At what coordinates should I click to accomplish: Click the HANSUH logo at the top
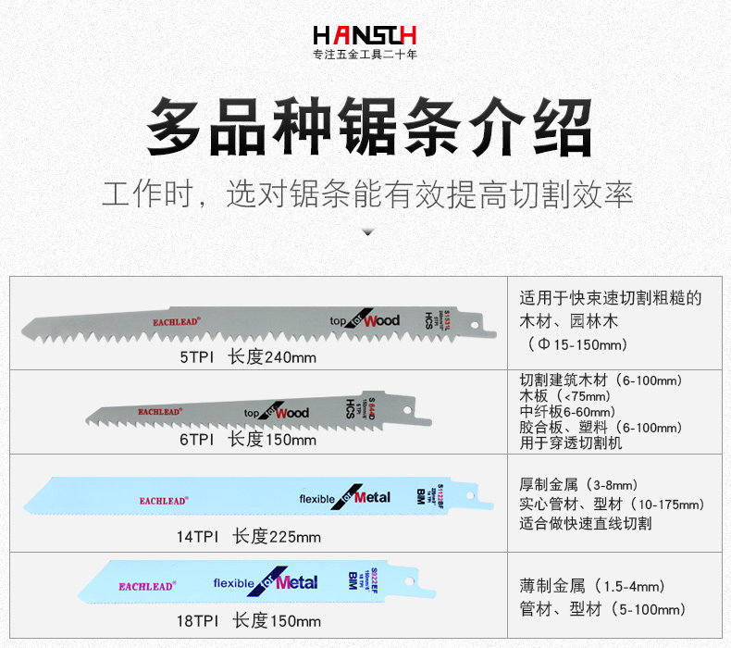click(x=365, y=35)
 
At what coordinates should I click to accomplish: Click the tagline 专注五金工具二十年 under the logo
click(x=365, y=56)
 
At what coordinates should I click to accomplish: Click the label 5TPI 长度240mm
click(x=248, y=357)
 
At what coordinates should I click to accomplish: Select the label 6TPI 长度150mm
click(x=248, y=439)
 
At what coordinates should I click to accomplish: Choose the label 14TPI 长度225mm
click(x=249, y=536)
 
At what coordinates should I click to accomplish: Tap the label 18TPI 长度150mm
click(x=249, y=620)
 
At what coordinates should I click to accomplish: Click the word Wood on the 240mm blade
click(x=381, y=320)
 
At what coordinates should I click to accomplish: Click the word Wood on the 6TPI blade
click(x=291, y=412)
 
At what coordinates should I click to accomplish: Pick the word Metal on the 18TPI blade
click(x=296, y=582)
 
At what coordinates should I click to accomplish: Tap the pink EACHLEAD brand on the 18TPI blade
click(x=146, y=586)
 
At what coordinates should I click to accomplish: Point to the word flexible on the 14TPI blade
click(x=317, y=499)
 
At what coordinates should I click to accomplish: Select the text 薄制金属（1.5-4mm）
click(x=592, y=587)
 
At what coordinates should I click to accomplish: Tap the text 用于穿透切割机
click(x=571, y=443)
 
